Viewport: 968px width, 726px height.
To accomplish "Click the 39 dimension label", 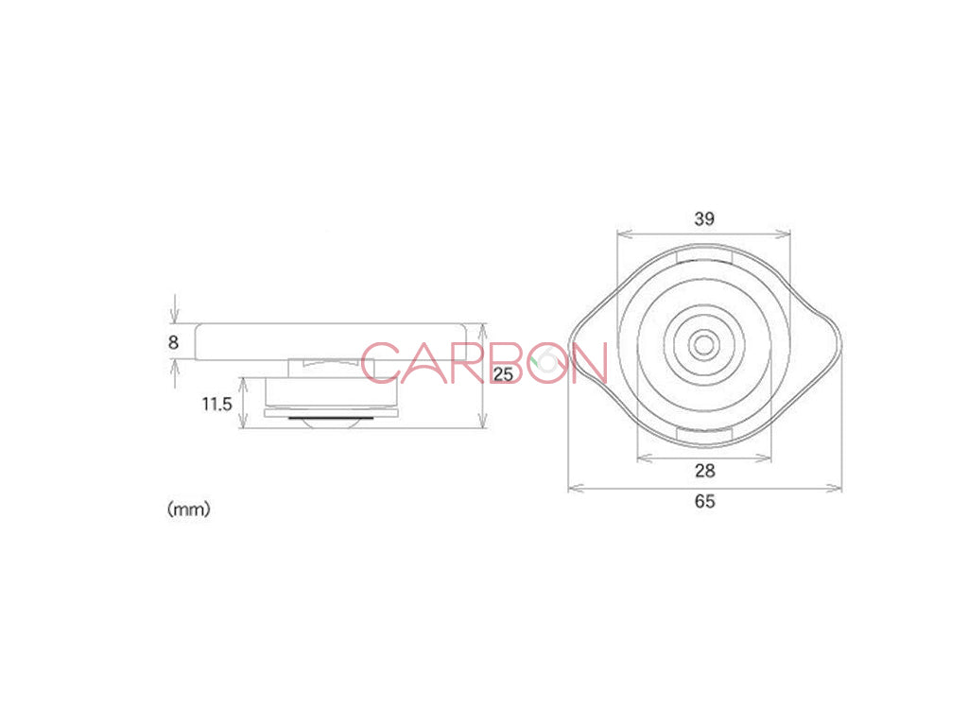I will [x=703, y=218].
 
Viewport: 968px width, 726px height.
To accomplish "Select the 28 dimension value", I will [x=704, y=471].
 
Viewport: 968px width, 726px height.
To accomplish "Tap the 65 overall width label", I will [x=704, y=502].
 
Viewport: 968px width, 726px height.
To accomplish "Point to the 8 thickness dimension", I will [x=173, y=342].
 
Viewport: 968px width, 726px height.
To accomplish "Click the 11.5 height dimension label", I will [x=216, y=404].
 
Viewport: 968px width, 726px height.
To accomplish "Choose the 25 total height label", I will [x=504, y=374].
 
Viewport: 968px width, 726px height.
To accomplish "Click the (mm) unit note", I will [x=189, y=510].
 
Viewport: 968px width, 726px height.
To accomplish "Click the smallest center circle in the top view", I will [x=701, y=345].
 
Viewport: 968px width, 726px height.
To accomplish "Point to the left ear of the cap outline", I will [x=588, y=345].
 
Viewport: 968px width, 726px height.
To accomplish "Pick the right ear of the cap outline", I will [x=820, y=345].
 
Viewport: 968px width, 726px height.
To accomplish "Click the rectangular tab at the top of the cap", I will [x=704, y=255].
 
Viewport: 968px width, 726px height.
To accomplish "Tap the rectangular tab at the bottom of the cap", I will [x=704, y=434].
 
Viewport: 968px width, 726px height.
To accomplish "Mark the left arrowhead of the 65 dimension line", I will [x=572, y=488].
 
